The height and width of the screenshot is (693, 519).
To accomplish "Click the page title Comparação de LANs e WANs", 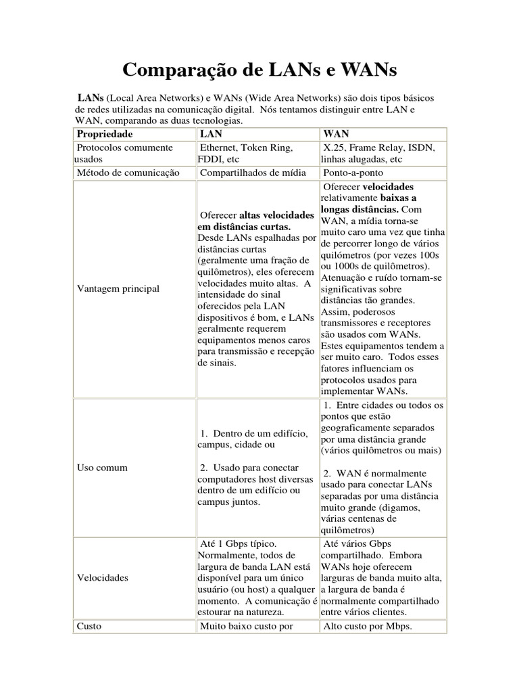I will [x=259, y=70].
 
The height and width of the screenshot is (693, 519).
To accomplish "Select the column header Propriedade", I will [x=105, y=134].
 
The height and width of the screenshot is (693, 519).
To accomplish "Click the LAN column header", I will [x=210, y=134].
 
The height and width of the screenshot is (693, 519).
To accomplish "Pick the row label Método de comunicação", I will [x=128, y=173].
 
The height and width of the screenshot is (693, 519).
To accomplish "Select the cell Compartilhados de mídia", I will [x=252, y=173].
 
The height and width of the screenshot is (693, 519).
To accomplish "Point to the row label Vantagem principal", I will [x=118, y=289].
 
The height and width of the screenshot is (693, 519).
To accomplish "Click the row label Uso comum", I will [x=102, y=468].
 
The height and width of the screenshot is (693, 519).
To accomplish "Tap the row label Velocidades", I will [x=102, y=578].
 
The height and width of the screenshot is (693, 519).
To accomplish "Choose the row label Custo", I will [x=89, y=626].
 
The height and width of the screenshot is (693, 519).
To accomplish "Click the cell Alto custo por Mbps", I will [x=368, y=626].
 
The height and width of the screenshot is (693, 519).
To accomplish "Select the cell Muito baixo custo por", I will [x=246, y=626].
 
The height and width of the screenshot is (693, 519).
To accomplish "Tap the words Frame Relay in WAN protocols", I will [x=379, y=147].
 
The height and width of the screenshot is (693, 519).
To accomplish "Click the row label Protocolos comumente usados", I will [x=124, y=153].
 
